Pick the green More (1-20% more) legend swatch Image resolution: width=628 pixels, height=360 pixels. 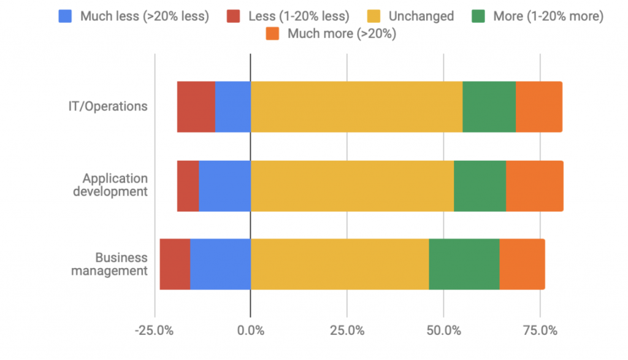click(x=478, y=16)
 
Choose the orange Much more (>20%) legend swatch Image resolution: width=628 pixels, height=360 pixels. click(x=273, y=34)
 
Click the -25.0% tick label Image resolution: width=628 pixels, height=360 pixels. click(x=155, y=331)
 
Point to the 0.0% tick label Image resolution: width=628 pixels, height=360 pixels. click(x=250, y=331)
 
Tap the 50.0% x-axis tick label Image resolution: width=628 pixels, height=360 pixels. click(x=443, y=331)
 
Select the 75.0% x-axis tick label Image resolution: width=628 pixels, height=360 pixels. click(x=540, y=331)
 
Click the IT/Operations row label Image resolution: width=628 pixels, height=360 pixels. click(x=108, y=106)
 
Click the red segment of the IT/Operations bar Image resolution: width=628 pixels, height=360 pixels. click(x=196, y=106)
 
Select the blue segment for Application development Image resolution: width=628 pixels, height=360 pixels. click(x=224, y=185)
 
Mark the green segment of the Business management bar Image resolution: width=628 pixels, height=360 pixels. click(x=464, y=264)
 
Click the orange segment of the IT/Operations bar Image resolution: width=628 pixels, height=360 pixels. click(x=538, y=106)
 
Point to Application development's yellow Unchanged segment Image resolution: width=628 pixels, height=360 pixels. click(x=352, y=185)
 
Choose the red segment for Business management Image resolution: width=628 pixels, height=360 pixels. click(x=175, y=264)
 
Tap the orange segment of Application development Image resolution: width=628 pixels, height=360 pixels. click(x=534, y=185)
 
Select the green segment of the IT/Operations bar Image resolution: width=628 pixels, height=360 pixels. click(x=489, y=106)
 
